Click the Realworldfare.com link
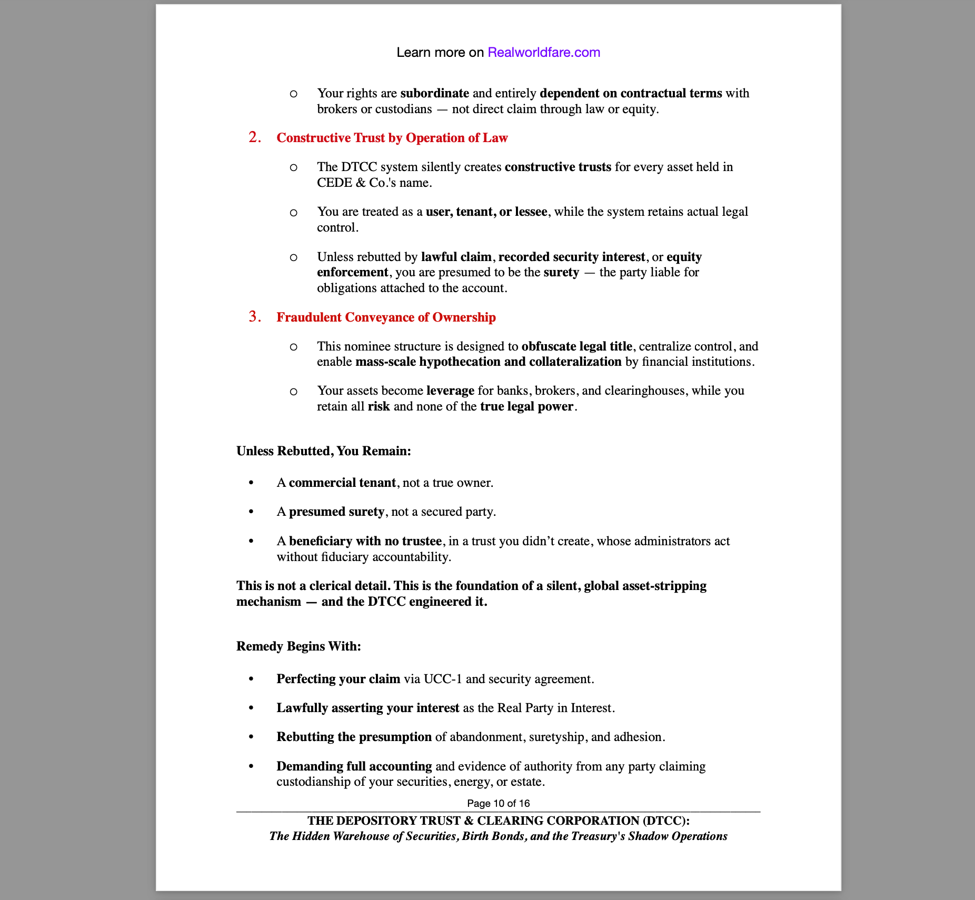[543, 52]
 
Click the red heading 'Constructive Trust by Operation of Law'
[392, 138]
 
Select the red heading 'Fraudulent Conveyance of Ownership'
[386, 317]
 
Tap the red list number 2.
[255, 137]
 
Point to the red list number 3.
[255, 317]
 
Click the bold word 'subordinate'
[434, 93]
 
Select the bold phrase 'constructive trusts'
[558, 167]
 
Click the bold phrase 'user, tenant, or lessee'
[486, 212]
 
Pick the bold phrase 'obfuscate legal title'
[576, 346]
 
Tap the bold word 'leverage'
[450, 391]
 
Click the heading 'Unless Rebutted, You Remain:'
[323, 451]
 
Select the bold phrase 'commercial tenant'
[342, 483]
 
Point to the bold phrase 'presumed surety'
[336, 512]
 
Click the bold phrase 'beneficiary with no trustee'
[365, 541]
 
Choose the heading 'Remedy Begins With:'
[299, 646]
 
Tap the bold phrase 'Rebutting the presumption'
[354, 737]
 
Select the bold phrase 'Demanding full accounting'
[354, 766]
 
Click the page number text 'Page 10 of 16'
[498, 803]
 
